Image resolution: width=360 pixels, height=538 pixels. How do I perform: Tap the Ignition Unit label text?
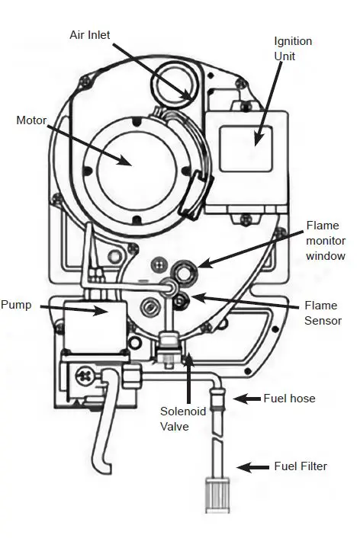point(293,47)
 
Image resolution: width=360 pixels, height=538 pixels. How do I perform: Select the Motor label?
point(32,120)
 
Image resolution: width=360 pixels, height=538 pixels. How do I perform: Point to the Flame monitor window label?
point(326,240)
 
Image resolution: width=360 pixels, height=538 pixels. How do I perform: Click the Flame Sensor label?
point(323,313)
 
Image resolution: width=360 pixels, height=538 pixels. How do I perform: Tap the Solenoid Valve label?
point(180,418)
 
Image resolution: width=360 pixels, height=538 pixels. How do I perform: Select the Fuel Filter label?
point(301,466)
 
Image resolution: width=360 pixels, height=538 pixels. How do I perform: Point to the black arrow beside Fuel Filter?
point(251,466)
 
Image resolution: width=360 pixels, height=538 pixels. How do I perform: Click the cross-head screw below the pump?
point(82,376)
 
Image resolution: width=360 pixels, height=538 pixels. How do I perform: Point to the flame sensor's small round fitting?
point(182,300)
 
